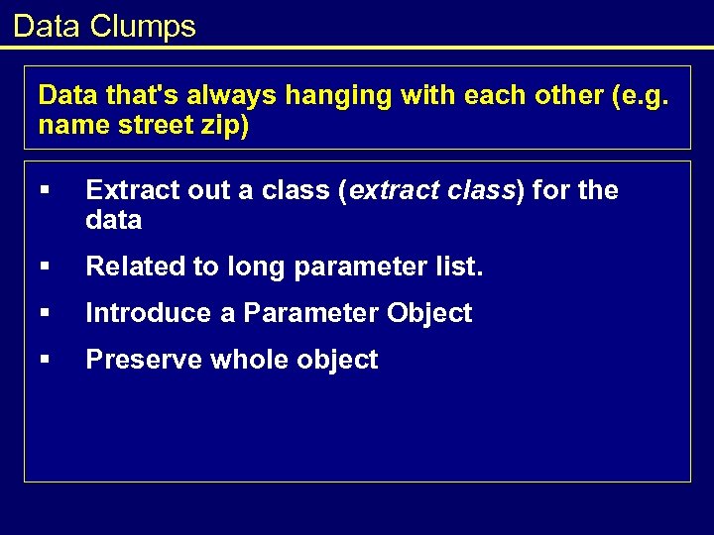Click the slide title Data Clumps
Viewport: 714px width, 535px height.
click(x=104, y=26)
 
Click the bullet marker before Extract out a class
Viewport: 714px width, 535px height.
click(x=46, y=190)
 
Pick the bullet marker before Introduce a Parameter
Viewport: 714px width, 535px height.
click(x=46, y=314)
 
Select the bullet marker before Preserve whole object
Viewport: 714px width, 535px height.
click(x=46, y=361)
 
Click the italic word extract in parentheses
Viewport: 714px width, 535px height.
click(x=393, y=190)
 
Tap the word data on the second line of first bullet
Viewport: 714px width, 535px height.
click(x=114, y=220)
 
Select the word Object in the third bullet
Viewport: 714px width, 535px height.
click(x=429, y=313)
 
